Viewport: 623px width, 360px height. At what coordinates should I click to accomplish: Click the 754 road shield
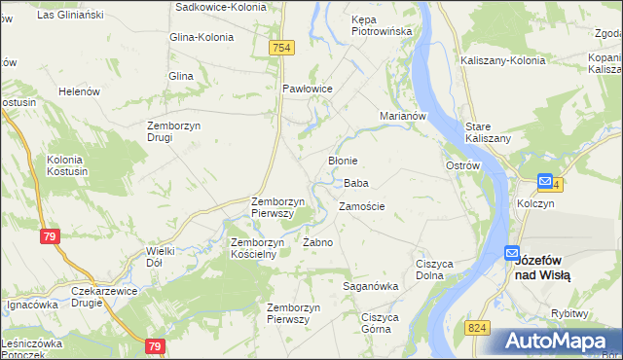281,48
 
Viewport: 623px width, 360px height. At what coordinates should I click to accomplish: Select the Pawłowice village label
308,89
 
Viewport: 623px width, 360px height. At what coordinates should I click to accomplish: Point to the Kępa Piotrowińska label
382,25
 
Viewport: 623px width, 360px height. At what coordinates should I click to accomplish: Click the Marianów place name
404,116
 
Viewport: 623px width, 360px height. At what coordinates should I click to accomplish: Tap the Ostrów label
463,166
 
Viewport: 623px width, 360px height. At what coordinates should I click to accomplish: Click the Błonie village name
343,161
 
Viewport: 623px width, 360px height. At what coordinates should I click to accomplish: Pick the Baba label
355,183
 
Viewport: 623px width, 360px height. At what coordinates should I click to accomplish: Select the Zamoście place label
361,206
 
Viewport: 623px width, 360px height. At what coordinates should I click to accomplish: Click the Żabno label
318,242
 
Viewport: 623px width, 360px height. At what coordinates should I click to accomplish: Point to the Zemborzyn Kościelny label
257,247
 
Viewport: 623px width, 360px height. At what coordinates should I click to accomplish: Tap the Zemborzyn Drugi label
173,130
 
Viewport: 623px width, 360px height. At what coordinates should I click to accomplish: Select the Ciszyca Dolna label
437,270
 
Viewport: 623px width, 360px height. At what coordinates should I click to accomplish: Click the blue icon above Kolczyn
544,182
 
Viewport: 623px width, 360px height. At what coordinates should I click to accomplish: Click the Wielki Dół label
161,257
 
